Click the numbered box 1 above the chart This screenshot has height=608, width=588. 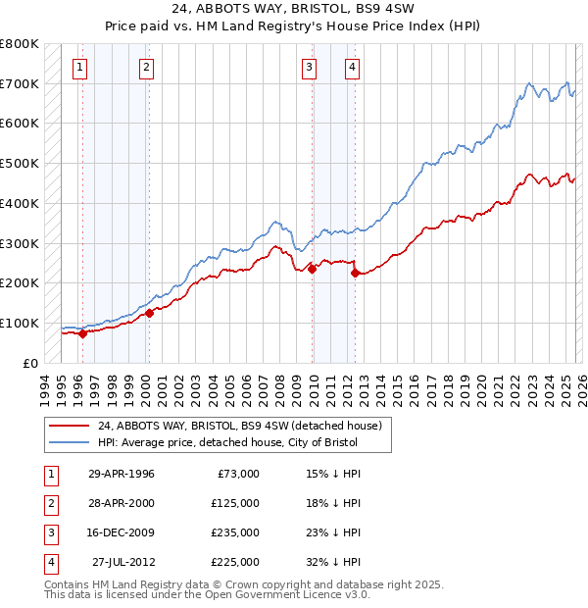click(x=78, y=68)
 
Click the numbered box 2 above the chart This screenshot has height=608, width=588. click(x=145, y=68)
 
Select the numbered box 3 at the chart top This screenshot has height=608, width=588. click(x=309, y=68)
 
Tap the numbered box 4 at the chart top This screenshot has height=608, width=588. click(x=351, y=68)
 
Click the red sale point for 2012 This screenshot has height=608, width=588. click(x=355, y=273)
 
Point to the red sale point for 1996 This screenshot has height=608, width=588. click(x=82, y=333)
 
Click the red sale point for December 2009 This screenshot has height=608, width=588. click(x=312, y=269)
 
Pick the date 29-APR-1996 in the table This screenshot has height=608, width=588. click(x=122, y=474)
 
